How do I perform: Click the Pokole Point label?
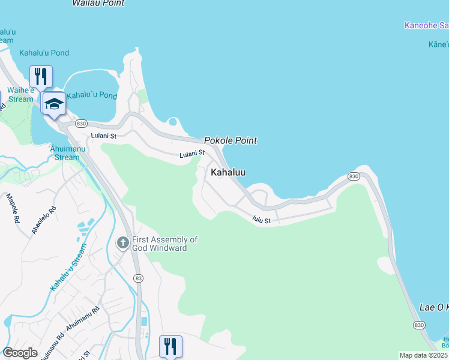pyautogui.click(x=231, y=140)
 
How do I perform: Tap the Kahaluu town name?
pyautogui.click(x=228, y=172)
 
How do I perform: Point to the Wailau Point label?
pyautogui.click(x=98, y=3)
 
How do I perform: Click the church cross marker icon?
pyautogui.click(x=122, y=243)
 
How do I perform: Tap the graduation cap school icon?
pyautogui.click(x=54, y=104)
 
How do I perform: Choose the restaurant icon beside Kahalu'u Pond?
pyautogui.click(x=41, y=76)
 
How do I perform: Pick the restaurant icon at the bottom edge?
pyautogui.click(x=170, y=346)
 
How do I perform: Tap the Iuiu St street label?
pyautogui.click(x=262, y=221)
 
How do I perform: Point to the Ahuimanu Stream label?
pyautogui.click(x=65, y=154)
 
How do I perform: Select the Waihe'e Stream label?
pyautogui.click(x=20, y=95)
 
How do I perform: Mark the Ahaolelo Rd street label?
pyautogui.click(x=44, y=220)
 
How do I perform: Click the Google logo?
pyautogui.click(x=20, y=353)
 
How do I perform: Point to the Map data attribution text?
pyautogui.click(x=423, y=355)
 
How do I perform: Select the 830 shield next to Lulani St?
pyautogui.click(x=81, y=124)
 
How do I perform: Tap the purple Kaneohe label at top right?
pyautogui.click(x=426, y=25)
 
